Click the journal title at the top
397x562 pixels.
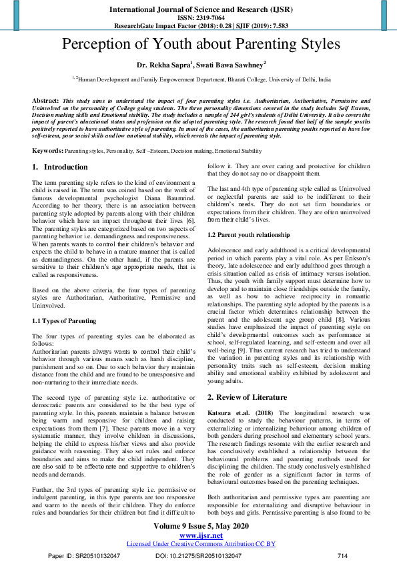[x=198, y=9]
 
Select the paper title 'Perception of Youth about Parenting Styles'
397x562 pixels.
[x=198, y=45]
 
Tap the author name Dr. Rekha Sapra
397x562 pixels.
[x=163, y=65]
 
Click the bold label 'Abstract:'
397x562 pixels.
[x=46, y=99]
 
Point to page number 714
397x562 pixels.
[x=342, y=555]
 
